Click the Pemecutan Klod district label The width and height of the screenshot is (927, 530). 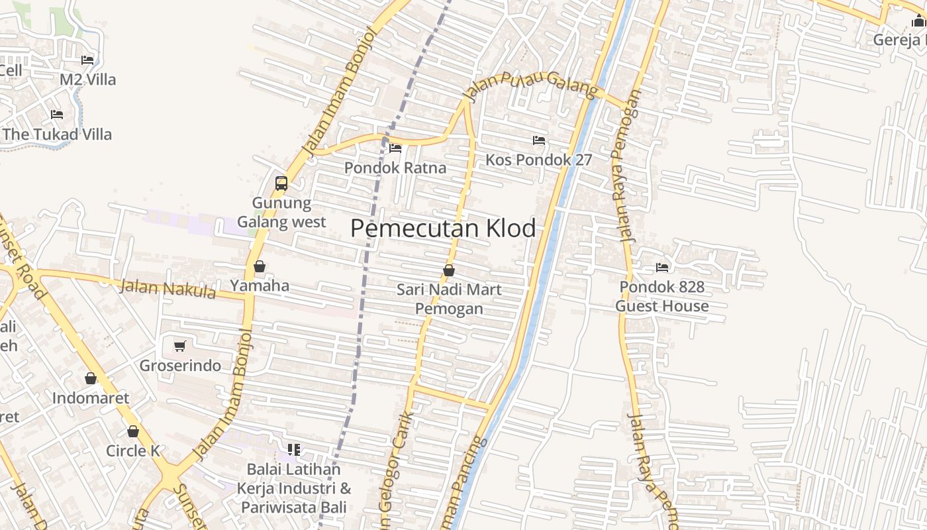(x=443, y=229)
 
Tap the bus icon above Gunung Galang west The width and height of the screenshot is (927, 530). (x=281, y=184)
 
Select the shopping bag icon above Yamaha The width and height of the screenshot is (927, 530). (x=260, y=266)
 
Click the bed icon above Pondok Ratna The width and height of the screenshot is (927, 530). (x=395, y=148)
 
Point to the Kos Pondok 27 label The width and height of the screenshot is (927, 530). (x=538, y=160)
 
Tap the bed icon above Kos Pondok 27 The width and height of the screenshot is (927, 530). (x=539, y=140)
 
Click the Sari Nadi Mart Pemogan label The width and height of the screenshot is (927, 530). (x=449, y=299)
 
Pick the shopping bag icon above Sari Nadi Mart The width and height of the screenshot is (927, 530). (x=449, y=270)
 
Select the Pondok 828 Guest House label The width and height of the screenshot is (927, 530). (x=662, y=296)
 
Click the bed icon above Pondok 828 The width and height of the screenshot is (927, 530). (x=662, y=268)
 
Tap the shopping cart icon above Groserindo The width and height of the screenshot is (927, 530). (x=179, y=346)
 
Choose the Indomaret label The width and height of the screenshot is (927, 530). (x=91, y=398)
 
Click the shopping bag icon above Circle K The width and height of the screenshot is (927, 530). (x=133, y=431)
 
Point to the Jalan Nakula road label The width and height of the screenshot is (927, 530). (x=168, y=289)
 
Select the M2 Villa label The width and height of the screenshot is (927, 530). (x=87, y=79)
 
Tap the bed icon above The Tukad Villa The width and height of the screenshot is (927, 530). (x=57, y=115)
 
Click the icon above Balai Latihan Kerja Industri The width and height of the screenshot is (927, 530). (x=294, y=450)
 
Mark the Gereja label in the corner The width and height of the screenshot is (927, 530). (x=901, y=40)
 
